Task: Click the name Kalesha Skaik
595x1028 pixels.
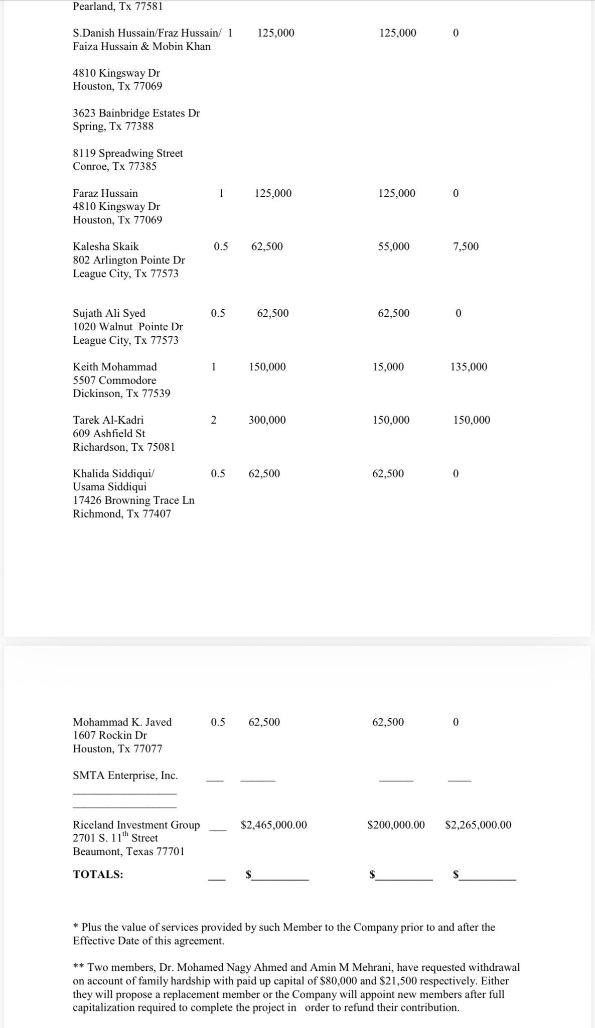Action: point(106,246)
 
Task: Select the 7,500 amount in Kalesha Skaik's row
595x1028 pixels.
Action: point(466,246)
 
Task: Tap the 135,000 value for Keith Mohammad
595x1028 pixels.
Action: point(469,367)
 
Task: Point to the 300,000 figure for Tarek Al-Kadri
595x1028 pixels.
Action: point(267,420)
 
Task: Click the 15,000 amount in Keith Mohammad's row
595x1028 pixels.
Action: point(388,367)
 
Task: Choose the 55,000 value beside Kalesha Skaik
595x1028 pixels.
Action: point(393,246)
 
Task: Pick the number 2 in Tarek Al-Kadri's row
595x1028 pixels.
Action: point(214,420)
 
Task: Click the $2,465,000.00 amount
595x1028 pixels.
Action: point(274,825)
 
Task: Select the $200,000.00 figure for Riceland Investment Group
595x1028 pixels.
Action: point(396,825)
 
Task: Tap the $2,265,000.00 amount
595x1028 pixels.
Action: point(478,825)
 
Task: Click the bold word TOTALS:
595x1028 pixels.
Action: point(98,874)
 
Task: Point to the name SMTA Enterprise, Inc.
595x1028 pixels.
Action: point(125,776)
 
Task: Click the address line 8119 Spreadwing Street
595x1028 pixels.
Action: point(128,153)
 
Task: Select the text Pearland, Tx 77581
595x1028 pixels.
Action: point(118,7)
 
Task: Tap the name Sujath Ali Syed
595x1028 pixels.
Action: point(109,313)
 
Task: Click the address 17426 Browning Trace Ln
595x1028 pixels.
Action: point(133,500)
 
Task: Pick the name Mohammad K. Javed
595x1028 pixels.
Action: point(122,722)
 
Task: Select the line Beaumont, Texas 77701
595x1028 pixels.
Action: point(128,851)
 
